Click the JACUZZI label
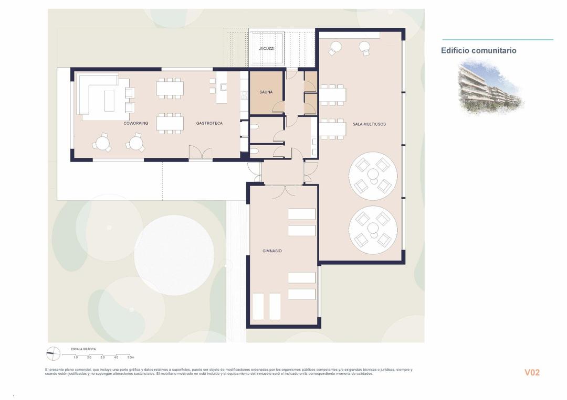[x=266, y=49]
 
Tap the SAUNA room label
[x=266, y=92]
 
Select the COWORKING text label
[x=136, y=124]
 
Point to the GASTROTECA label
[x=209, y=124]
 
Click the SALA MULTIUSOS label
[x=369, y=124]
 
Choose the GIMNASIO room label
[x=272, y=251]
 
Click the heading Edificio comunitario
[x=478, y=51]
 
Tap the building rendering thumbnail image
[x=490, y=87]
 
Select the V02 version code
[x=532, y=373]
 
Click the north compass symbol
[x=54, y=354]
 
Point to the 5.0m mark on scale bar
[x=131, y=357]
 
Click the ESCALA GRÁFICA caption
[x=83, y=349]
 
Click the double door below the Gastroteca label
[x=201, y=153]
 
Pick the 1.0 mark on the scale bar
[x=76, y=357]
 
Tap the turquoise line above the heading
[x=497, y=39]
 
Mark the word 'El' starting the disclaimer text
[x=47, y=370]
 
